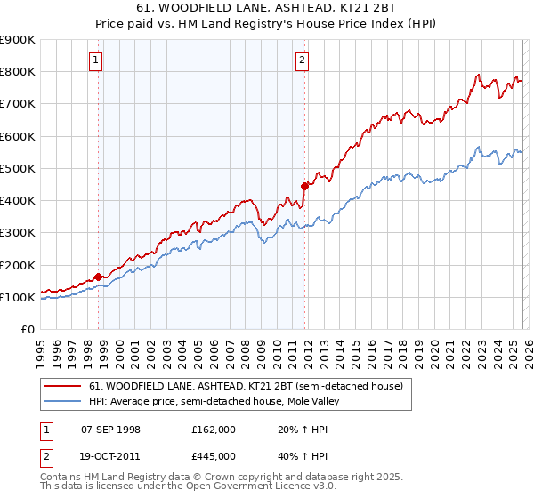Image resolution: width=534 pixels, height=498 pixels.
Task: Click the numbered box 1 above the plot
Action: click(95, 60)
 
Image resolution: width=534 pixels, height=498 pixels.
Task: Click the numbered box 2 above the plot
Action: click(303, 60)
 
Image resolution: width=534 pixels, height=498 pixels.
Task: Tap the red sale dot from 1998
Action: click(98, 277)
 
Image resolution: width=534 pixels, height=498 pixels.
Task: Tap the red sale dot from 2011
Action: click(304, 186)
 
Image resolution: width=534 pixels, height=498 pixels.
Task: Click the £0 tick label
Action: click(28, 330)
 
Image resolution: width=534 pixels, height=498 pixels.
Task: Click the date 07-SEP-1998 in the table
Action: click(110, 430)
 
